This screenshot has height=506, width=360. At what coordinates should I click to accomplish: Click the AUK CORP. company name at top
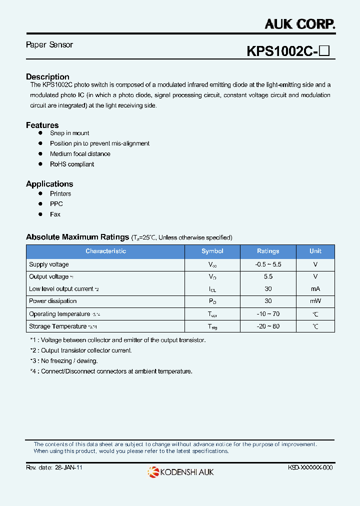(299, 23)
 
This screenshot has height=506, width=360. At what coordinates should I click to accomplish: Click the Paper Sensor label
(49, 45)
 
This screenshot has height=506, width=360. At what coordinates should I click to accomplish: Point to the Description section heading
(47, 77)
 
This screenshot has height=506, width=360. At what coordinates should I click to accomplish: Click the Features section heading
(42, 125)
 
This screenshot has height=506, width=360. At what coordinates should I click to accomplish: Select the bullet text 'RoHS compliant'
(72, 164)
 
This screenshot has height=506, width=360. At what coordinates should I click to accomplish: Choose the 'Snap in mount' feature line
(69, 133)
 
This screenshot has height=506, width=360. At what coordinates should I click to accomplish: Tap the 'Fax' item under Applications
(55, 214)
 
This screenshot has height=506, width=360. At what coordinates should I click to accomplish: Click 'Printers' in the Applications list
(60, 194)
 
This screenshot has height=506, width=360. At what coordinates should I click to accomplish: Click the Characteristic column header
(105, 251)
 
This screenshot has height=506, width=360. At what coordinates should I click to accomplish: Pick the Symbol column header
(212, 251)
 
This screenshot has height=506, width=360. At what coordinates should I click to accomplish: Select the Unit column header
(315, 251)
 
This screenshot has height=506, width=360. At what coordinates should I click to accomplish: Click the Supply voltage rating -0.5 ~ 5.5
(268, 264)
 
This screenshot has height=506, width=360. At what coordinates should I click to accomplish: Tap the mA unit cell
(315, 289)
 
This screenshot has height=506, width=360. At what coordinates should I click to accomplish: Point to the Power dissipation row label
(53, 301)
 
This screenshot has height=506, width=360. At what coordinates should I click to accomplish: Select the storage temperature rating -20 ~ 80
(268, 326)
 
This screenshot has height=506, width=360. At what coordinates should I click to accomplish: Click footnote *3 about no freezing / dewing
(64, 361)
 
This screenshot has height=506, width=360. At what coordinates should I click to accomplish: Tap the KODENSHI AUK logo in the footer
(180, 471)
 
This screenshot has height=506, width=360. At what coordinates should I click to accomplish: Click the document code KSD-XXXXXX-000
(310, 467)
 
